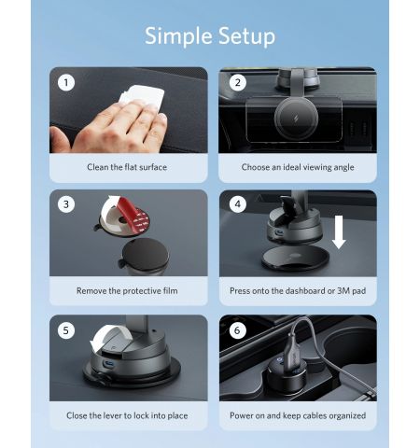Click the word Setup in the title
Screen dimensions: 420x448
click(246, 36)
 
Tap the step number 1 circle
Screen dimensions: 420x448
click(66, 83)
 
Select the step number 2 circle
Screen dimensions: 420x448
click(238, 83)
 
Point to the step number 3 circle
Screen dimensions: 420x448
click(66, 204)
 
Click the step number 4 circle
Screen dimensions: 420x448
click(238, 204)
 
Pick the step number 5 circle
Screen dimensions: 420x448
click(66, 330)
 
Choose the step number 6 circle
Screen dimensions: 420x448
click(238, 330)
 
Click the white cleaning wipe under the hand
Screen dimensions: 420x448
click(144, 95)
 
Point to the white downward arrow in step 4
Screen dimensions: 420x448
click(339, 231)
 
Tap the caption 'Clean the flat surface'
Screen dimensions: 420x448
click(127, 167)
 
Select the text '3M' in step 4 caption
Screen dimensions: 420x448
click(343, 291)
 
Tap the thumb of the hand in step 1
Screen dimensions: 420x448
click(59, 139)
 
